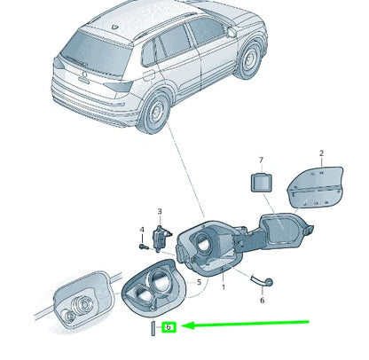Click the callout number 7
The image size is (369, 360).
click(261, 160)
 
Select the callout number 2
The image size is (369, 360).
click(322, 153)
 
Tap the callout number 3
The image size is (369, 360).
click(160, 211)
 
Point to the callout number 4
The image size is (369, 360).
click(142, 230)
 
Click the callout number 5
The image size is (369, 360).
click(199, 282)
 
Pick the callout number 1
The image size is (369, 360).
click(224, 287)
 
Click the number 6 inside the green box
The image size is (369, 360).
click(169, 327)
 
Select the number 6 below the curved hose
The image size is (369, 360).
click(263, 301)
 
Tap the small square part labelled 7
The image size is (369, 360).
click(262, 183)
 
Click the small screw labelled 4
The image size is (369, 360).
click(144, 246)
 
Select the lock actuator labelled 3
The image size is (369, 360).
click(161, 239)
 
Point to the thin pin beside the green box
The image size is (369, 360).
click(153, 328)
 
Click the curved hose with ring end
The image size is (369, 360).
click(262, 281)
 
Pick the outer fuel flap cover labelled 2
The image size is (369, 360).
click(316, 187)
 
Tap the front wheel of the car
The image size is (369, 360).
click(249, 60)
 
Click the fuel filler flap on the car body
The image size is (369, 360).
click(148, 75)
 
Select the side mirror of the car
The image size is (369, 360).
click(232, 32)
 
